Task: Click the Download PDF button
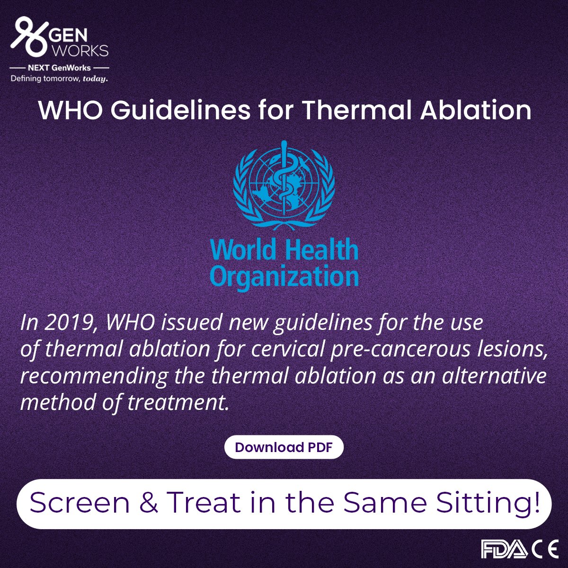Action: [284, 447]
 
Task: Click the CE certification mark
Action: [545, 549]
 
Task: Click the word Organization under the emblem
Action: [284, 276]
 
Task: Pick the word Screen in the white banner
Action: [80, 503]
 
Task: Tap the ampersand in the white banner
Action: [149, 503]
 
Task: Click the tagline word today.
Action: [95, 79]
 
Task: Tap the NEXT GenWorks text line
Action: [59, 68]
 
